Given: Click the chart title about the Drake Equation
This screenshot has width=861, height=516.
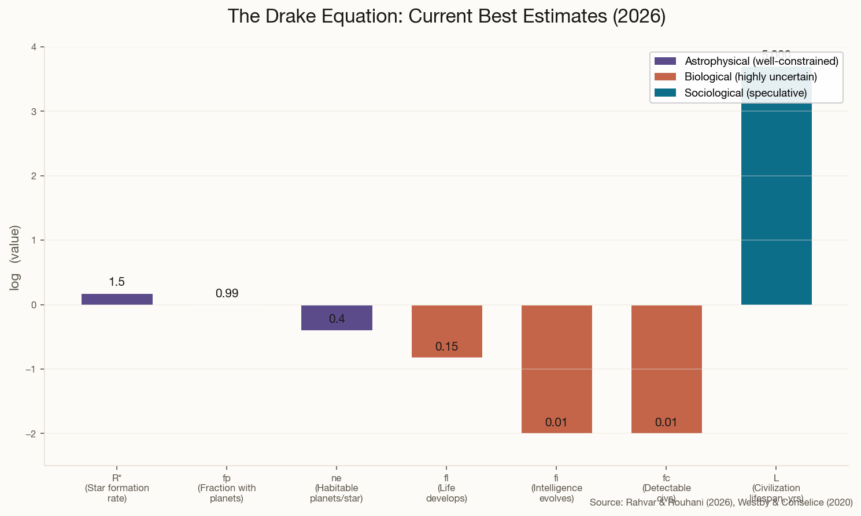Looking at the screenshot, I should point(446,16).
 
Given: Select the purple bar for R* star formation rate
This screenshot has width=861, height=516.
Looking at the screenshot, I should point(117,299).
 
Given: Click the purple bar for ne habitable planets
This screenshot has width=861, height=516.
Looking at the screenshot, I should point(337,317).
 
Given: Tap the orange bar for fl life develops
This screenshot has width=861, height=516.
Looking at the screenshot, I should point(446,331).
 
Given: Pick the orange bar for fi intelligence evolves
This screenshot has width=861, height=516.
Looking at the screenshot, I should point(556,368).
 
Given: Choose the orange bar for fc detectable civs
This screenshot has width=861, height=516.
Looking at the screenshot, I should point(666,368).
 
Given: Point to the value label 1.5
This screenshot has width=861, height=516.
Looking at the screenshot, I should point(117,282).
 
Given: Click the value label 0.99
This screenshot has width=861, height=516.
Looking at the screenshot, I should point(227,294).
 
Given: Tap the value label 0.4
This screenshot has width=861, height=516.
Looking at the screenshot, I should point(337,319).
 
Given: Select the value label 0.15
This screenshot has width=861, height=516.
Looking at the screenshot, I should point(446,347).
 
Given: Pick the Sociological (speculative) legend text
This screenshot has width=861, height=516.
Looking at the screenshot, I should point(745,93).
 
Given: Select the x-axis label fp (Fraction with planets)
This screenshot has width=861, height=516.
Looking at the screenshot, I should point(227,488).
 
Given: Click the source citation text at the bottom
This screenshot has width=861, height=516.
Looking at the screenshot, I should point(721,503).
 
